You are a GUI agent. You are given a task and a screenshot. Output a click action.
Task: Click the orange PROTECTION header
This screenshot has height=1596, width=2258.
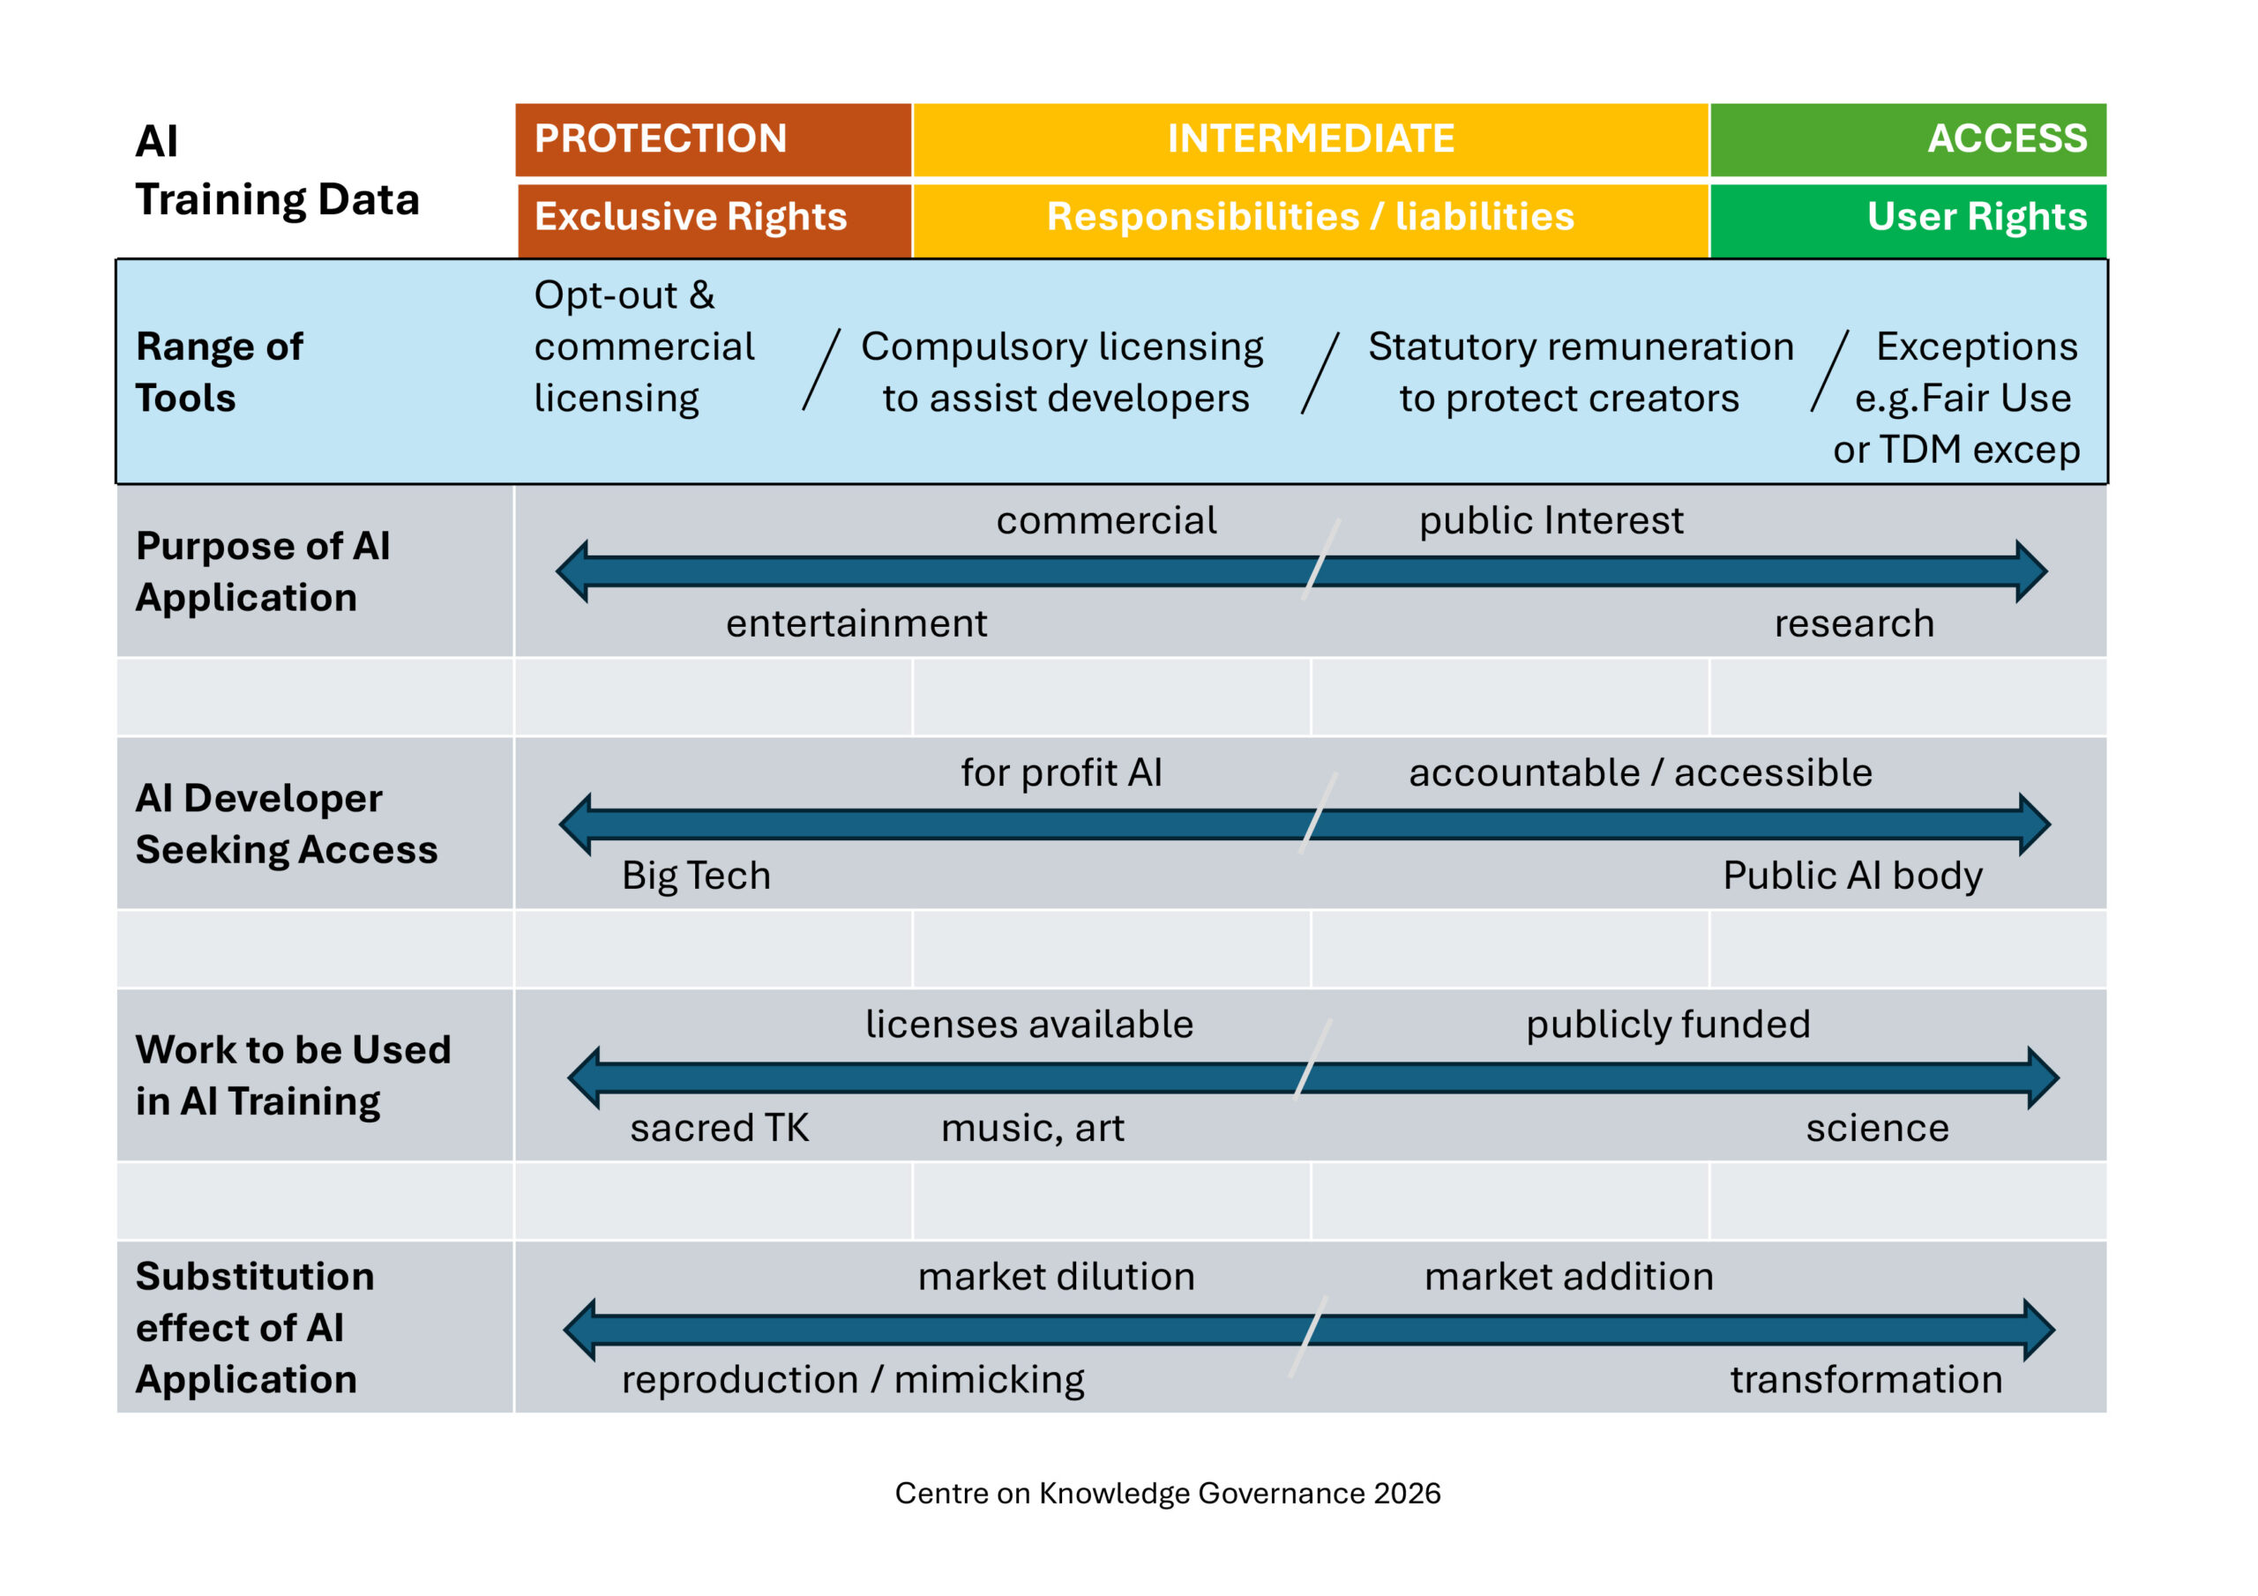tap(713, 138)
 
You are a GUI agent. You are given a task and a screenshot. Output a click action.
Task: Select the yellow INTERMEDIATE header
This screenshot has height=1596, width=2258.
tap(1311, 138)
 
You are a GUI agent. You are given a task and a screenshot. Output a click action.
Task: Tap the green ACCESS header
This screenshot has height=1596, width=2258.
tap(1908, 138)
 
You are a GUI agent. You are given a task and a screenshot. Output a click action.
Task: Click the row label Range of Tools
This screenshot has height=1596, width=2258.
tap(220, 372)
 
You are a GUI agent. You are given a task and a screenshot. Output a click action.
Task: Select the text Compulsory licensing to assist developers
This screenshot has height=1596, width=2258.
tap(1063, 372)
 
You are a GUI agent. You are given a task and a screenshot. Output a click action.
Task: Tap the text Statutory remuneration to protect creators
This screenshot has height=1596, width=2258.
tap(1581, 372)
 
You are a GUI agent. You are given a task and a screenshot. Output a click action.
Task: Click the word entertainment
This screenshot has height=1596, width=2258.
tap(856, 623)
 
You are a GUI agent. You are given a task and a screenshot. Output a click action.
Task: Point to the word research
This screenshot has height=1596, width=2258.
tap(1854, 623)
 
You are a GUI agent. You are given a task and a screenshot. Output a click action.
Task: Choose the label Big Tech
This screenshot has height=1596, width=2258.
tap(696, 876)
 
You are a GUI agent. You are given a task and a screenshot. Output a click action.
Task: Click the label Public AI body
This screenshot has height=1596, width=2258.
tap(1853, 876)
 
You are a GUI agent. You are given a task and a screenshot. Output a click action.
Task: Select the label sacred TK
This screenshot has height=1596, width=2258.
tap(719, 1128)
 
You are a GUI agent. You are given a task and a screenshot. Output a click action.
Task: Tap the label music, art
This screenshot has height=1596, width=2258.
tap(1033, 1128)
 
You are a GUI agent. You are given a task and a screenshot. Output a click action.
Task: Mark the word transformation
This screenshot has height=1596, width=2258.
tap(1866, 1380)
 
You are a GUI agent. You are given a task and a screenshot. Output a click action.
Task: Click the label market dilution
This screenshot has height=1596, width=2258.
tap(1056, 1277)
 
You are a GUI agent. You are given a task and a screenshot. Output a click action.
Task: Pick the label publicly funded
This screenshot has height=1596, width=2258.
tap(1668, 1025)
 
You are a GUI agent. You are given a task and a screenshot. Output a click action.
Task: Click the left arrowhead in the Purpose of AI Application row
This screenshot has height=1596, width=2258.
tap(572, 571)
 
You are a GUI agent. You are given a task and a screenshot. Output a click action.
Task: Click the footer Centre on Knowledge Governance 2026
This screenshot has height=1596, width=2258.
tap(1167, 1494)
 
